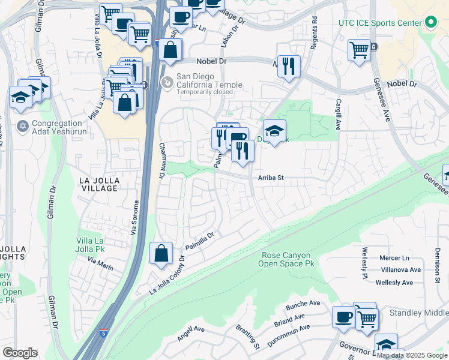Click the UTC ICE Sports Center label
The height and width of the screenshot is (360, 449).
tap(379, 23)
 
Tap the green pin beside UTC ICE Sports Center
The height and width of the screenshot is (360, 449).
tap(430, 23)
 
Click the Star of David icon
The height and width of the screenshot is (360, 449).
tap(23, 127)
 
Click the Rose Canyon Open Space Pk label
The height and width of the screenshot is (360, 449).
tap(288, 259)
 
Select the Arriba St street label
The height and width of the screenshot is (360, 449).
tap(270, 178)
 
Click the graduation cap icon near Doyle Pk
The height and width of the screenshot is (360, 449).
tap(274, 131)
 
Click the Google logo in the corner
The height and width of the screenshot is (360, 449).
tap(20, 353)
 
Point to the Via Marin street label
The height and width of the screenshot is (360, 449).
tap(100, 263)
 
